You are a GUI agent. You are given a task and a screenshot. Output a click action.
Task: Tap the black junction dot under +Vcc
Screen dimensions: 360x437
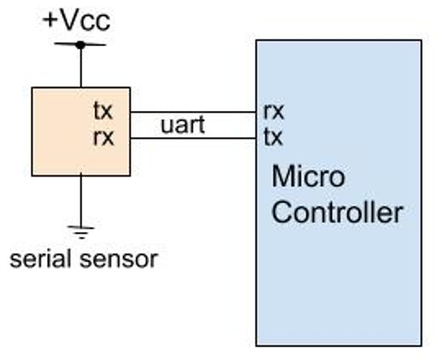80,44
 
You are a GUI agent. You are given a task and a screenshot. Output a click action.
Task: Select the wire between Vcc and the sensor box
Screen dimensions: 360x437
80,67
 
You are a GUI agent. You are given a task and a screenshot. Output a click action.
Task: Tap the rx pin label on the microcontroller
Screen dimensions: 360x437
273,112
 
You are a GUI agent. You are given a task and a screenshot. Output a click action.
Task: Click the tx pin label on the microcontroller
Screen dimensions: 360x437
273,136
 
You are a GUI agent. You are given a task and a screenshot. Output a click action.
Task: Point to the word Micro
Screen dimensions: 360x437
308,177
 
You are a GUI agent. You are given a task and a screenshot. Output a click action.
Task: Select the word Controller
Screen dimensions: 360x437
337,212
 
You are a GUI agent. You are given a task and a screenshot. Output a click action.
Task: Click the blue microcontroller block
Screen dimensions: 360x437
341,282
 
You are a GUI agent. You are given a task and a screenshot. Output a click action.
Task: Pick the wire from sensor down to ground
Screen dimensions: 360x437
80,200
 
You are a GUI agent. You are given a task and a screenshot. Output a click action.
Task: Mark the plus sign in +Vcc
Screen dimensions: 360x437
50,19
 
